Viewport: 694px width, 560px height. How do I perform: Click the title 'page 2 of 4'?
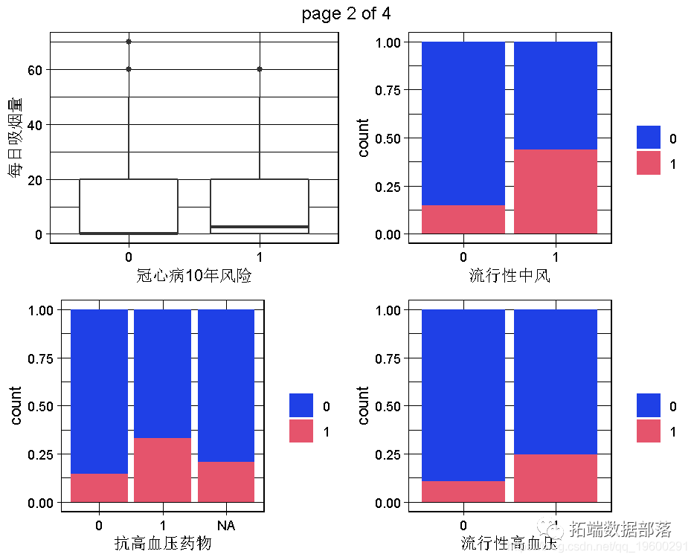tap(346, 13)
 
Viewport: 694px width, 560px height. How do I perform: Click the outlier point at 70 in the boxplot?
tap(129, 42)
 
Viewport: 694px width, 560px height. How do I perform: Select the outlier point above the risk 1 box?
tap(260, 69)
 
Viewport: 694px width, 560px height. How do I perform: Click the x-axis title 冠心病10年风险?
tap(194, 277)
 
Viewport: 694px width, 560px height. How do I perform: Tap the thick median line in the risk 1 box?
tap(260, 226)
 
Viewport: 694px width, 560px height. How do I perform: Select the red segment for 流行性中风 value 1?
tap(555, 192)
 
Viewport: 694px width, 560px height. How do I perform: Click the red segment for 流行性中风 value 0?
tap(463, 219)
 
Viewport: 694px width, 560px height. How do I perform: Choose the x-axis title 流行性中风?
tap(509, 277)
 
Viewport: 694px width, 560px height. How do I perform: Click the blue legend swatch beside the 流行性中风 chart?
tap(648, 138)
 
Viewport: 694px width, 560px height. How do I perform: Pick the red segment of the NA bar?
tap(226, 482)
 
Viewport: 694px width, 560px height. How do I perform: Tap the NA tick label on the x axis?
tap(226, 526)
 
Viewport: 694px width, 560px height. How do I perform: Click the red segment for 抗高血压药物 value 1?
tap(162, 470)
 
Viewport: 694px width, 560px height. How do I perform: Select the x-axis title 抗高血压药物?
tap(162, 544)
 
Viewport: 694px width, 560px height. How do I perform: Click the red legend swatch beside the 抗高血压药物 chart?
tap(301, 431)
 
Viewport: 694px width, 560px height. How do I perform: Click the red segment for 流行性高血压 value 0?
tap(463, 492)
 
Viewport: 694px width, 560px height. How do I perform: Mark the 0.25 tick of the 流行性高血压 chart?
tap(392, 454)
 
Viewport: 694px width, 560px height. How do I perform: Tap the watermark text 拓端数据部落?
tap(620, 530)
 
